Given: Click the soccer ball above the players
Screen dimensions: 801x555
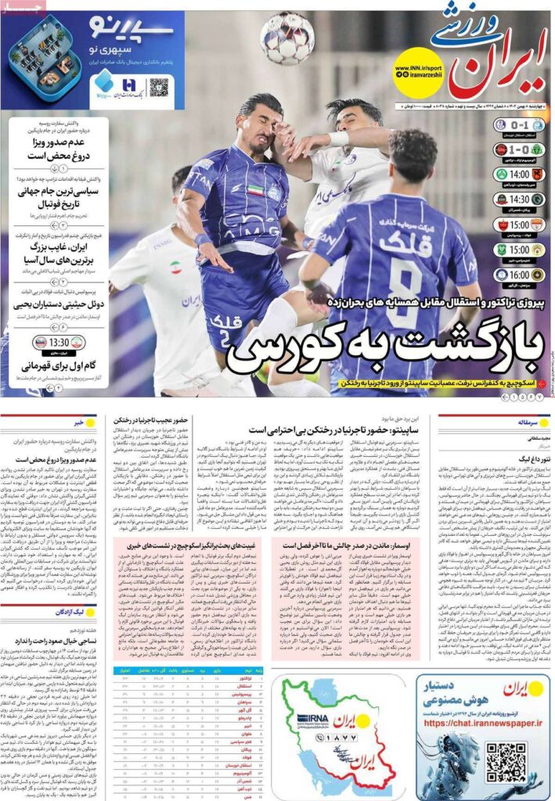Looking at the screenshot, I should click(x=287, y=38).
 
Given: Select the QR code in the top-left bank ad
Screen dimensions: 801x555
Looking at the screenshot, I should click(x=159, y=86).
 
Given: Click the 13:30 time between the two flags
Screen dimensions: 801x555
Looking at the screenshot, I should click(x=59, y=343).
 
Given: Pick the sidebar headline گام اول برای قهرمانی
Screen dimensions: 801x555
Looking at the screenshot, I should click(x=59, y=365).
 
